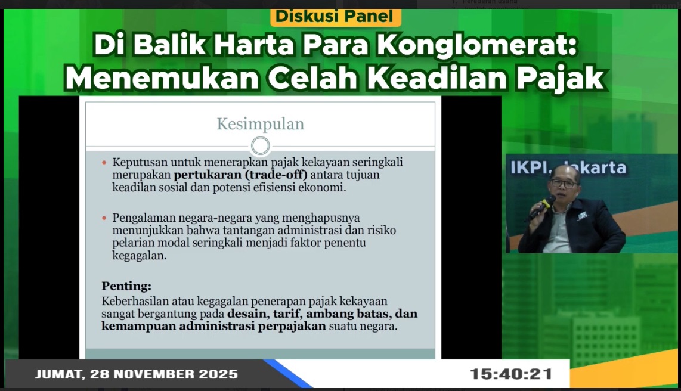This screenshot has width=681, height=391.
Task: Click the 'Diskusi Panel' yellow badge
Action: click(335, 16)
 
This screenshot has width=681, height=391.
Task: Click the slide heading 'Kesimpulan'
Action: click(260, 124)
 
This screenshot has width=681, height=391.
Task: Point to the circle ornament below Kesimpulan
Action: click(261, 145)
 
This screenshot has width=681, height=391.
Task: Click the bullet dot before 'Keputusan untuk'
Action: click(104, 163)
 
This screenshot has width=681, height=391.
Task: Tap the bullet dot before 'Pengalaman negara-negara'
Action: click(104, 218)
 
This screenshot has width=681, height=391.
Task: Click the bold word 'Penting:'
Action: click(126, 286)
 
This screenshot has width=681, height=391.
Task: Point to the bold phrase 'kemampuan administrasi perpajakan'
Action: click(213, 327)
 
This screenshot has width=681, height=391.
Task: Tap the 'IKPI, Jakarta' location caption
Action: click(568, 167)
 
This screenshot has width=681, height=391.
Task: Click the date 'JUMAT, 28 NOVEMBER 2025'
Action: click(137, 375)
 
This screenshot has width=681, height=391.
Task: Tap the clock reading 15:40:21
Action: click(510, 375)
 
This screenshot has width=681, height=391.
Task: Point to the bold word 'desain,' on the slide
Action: click(249, 314)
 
